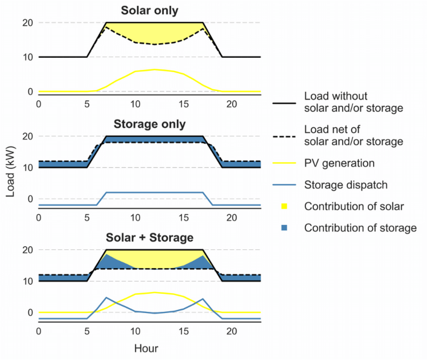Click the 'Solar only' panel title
pyautogui.click(x=149, y=10)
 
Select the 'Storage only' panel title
pyautogui.click(x=149, y=124)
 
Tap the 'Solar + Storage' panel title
pyautogui.click(x=149, y=238)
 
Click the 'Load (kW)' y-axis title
pyautogui.click(x=10, y=171)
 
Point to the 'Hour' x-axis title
pyautogui.click(x=146, y=348)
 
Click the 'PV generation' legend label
pyautogui.click(x=339, y=163)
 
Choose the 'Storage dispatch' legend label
pyautogui.click(x=346, y=185)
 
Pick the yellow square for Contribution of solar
pyautogui.click(x=284, y=206)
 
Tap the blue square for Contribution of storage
pyautogui.click(x=284, y=228)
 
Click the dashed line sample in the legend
pyautogui.click(x=284, y=136)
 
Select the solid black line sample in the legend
pyautogui.click(x=284, y=103)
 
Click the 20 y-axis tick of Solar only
pyautogui.click(x=28, y=22)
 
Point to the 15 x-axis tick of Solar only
pyautogui.click(x=184, y=104)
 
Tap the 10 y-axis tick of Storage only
pyautogui.click(x=28, y=168)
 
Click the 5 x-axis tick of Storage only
pyautogui.click(x=87, y=218)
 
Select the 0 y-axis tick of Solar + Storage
pyautogui.click(x=30, y=312)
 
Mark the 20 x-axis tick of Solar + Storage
pyautogui.click(x=232, y=331)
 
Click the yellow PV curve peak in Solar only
pyautogui.click(x=154, y=69)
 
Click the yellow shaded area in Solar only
pyautogui.click(x=154, y=33)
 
